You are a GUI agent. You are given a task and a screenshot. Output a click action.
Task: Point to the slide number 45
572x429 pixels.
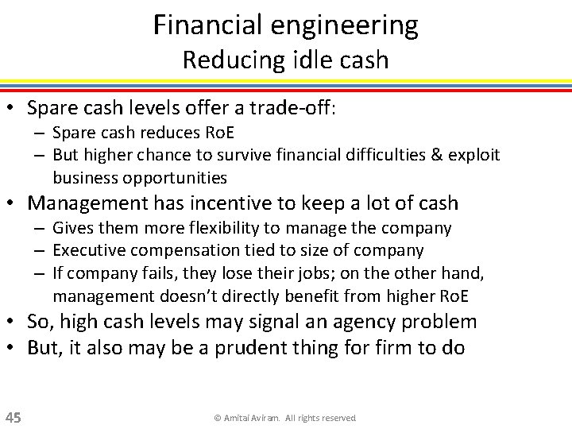14,417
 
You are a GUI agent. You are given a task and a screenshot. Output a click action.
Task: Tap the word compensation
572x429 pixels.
195,250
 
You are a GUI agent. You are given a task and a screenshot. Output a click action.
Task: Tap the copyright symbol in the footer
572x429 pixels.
217,418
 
